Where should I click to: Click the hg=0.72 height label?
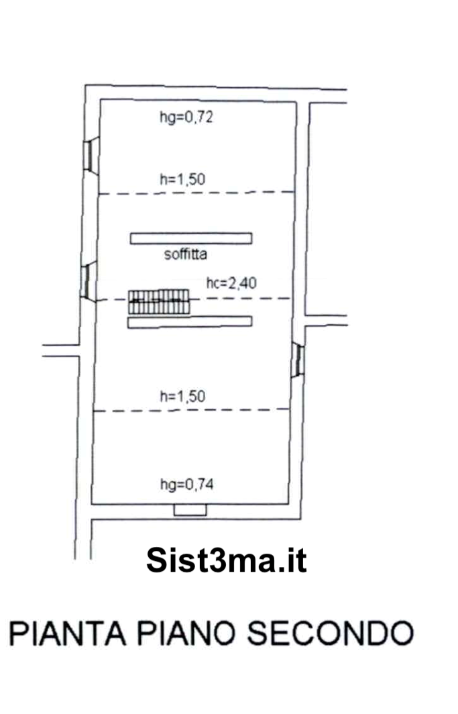pyautogui.click(x=186, y=118)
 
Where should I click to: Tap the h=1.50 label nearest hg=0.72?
pyautogui.click(x=182, y=179)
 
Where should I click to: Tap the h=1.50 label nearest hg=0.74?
pyautogui.click(x=182, y=396)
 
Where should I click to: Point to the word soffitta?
pyautogui.click(x=185, y=255)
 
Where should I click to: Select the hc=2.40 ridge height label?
pyautogui.click(x=231, y=284)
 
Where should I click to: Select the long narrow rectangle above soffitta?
pyautogui.click(x=191, y=237)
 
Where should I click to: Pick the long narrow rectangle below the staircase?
pyautogui.click(x=191, y=322)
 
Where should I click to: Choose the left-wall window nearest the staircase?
pyautogui.click(x=85, y=281)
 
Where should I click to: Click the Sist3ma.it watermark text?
pyautogui.click(x=226, y=560)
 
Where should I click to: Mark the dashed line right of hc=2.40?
pyautogui.click(x=274, y=298)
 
